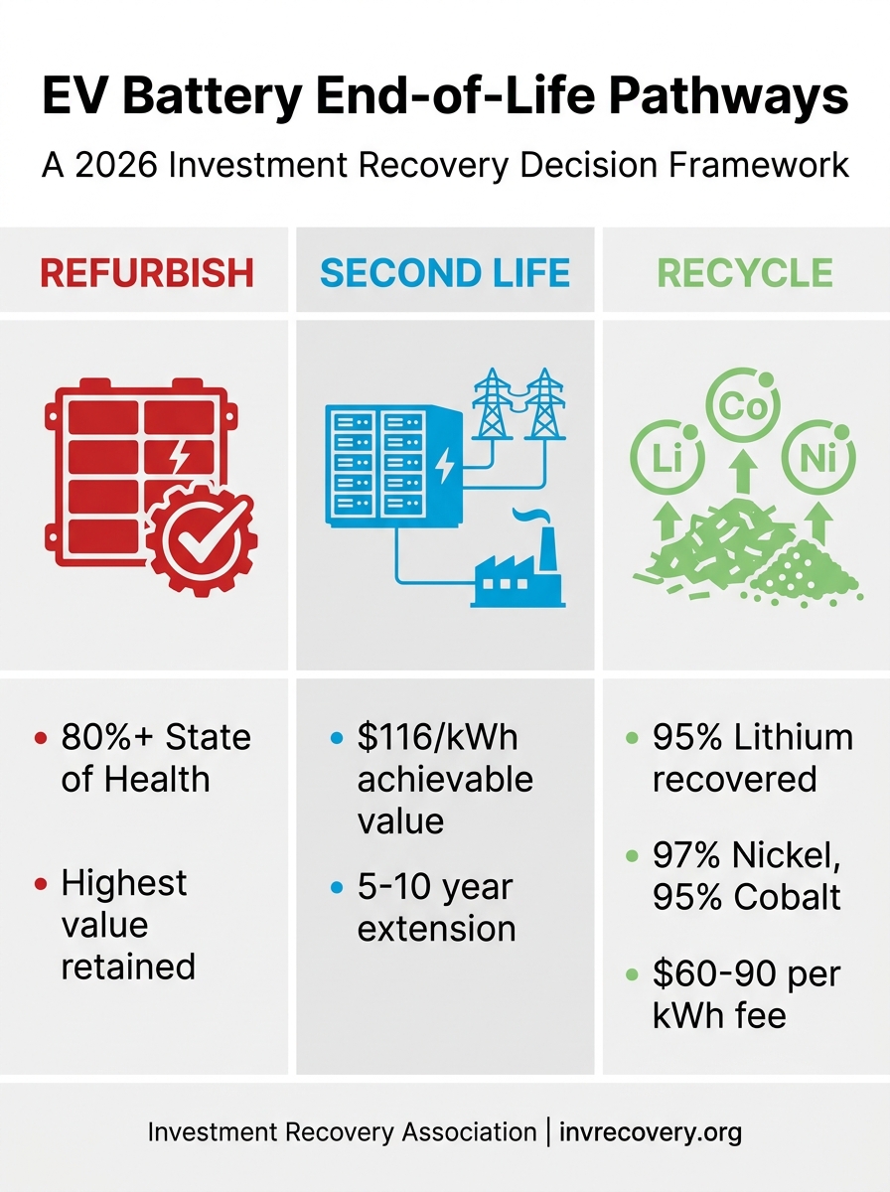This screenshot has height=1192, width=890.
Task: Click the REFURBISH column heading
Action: coord(147,272)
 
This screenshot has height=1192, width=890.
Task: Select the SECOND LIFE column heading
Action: coord(445,272)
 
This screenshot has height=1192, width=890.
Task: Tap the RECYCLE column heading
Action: coord(745,272)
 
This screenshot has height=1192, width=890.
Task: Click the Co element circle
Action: coord(742,407)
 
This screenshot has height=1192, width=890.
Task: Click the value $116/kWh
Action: coord(437,738)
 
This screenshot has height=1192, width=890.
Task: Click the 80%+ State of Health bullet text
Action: coord(156,758)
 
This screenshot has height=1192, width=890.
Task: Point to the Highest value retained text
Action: coord(127,924)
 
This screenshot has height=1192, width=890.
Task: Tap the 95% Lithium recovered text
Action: coord(752,758)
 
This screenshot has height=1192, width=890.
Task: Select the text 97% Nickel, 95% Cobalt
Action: coord(746,875)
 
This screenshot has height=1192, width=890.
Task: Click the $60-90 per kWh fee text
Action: coord(746,994)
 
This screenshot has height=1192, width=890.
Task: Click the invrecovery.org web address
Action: coord(651,1131)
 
